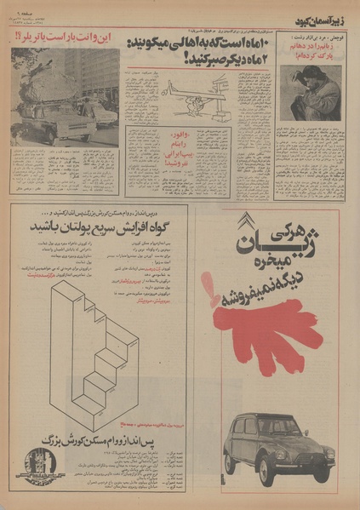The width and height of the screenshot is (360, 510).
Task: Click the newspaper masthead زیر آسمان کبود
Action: tap(318, 19)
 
